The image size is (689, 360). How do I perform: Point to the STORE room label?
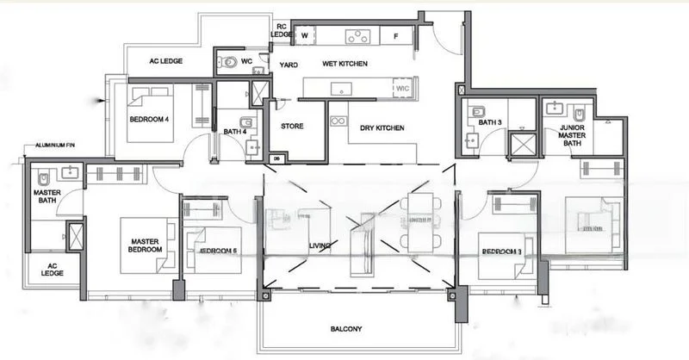293,127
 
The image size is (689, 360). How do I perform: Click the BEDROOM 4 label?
149,119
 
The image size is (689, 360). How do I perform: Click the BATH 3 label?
490,122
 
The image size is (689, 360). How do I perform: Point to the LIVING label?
320,246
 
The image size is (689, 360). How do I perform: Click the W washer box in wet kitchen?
305,36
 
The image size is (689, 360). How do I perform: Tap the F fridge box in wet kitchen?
395,36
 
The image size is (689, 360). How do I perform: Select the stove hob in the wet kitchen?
357,36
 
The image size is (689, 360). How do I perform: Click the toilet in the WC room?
227,62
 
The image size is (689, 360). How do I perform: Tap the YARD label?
289,65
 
